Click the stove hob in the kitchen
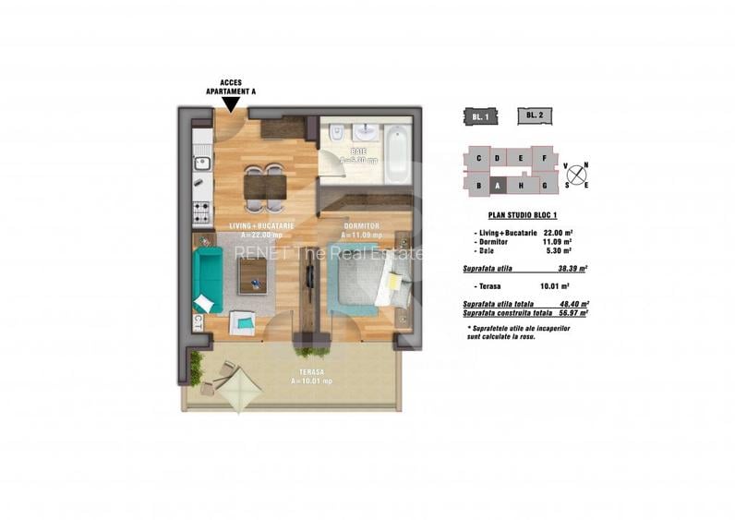[x=201, y=212]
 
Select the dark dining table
[x=265, y=187]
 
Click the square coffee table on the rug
[x=252, y=275]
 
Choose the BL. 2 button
[x=533, y=115]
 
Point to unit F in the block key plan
[x=546, y=158]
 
